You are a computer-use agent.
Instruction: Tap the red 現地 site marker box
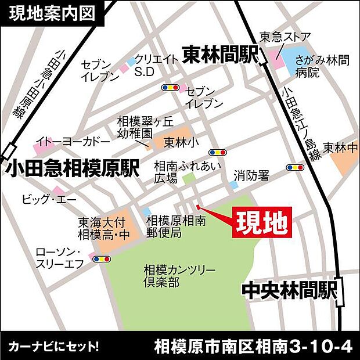pos(261,222)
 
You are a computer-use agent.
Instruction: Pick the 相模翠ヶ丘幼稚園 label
pos(136,127)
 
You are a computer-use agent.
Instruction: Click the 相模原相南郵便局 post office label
pos(176,226)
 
